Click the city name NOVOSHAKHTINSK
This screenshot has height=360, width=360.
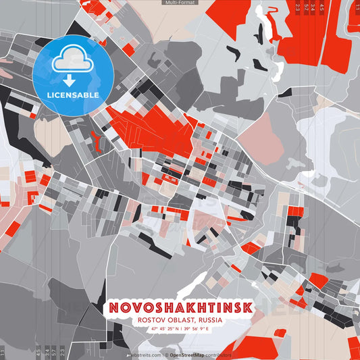180,308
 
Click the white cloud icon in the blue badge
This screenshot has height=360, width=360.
72,59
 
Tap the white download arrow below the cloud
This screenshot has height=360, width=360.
72,80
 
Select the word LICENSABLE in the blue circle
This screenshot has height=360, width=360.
72,95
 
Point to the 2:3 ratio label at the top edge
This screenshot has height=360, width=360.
298,7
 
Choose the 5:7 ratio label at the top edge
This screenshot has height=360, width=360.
307,7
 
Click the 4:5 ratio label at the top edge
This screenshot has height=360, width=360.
322,7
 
